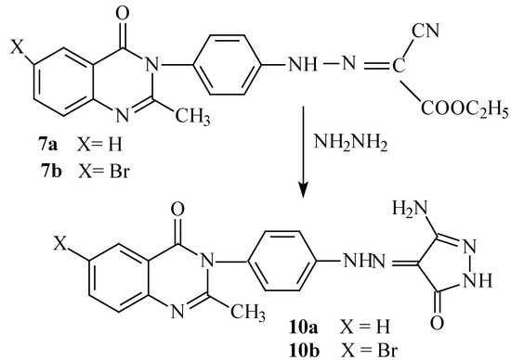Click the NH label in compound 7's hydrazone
[x=278, y=65]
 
